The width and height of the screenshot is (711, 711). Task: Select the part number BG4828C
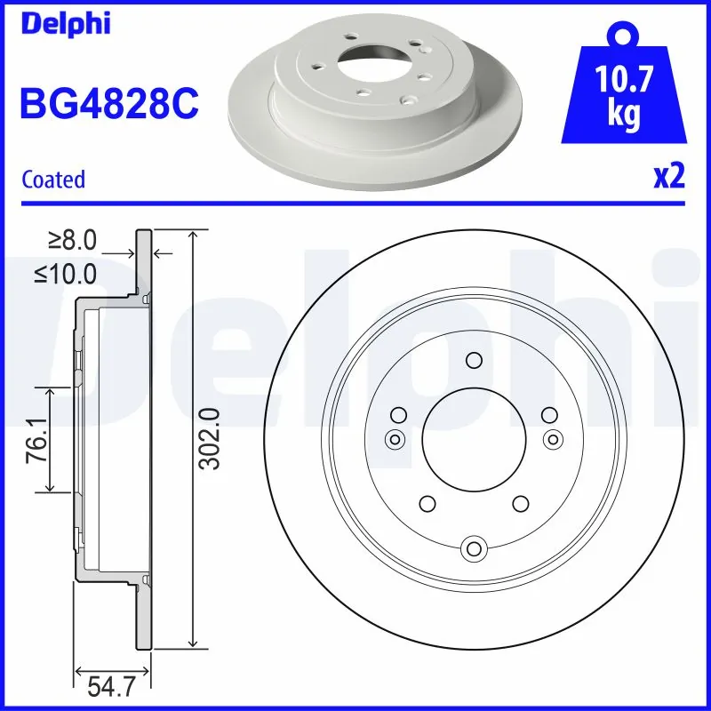click(x=108, y=105)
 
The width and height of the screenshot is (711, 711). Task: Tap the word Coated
click(x=53, y=180)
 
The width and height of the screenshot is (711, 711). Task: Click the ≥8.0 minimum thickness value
click(x=73, y=240)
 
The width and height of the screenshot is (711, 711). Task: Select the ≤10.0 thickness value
click(x=67, y=274)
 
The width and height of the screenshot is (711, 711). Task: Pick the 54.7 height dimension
click(x=111, y=687)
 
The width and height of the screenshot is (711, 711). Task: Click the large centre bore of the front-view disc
click(x=473, y=437)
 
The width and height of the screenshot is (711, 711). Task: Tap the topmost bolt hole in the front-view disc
click(x=473, y=360)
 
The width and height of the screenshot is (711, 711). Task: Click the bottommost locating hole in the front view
click(x=473, y=548)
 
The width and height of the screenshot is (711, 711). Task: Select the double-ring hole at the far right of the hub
click(x=552, y=437)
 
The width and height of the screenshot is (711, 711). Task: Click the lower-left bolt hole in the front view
click(x=427, y=503)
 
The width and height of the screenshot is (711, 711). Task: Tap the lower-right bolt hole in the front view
click(x=519, y=503)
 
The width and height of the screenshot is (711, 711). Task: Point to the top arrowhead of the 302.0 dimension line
click(x=193, y=233)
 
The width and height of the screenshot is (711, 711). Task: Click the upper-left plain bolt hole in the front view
click(x=398, y=414)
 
